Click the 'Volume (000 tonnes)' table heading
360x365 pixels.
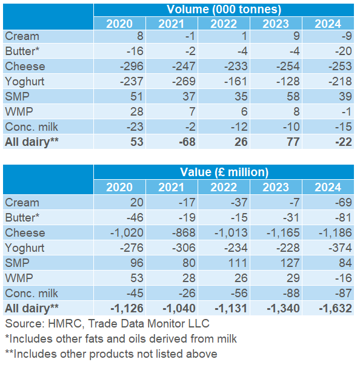[x=224, y=10]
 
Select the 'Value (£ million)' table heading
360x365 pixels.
[x=224, y=173]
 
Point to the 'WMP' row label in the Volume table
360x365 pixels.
[x=18, y=111]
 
